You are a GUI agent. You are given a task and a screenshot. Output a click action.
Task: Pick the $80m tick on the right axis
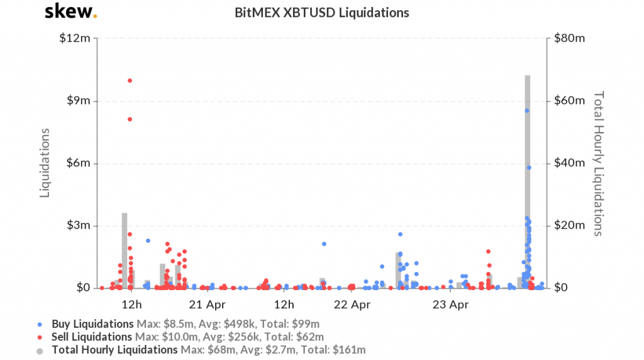[569, 38]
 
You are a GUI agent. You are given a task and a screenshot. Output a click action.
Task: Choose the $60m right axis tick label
[569, 101]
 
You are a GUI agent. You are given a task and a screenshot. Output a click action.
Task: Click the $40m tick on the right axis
[569, 163]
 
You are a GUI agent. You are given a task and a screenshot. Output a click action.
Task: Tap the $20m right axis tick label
[569, 225]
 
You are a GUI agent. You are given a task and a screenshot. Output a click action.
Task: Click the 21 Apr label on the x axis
[207, 305]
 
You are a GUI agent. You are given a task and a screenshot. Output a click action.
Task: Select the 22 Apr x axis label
[352, 305]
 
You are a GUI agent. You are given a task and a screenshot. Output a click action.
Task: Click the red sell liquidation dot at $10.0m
[130, 81]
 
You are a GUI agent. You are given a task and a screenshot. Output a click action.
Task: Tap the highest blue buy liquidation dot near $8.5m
[527, 111]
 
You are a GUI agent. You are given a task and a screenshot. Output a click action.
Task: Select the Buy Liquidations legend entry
[92, 324]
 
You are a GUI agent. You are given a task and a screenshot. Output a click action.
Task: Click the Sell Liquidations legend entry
[92, 337]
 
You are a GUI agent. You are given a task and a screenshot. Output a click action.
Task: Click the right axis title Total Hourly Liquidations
[599, 163]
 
